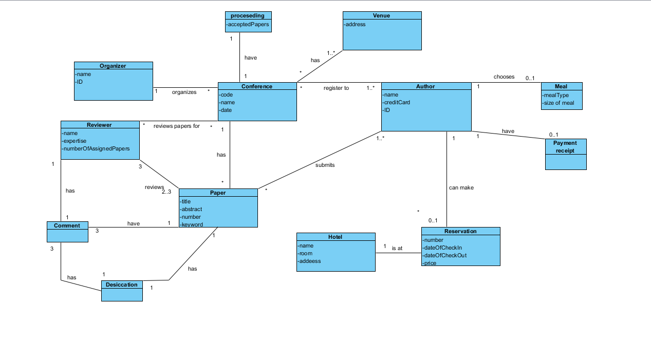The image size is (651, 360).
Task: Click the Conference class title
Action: point(257,86)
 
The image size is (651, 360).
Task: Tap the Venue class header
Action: point(381,15)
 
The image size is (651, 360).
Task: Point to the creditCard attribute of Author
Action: point(397,102)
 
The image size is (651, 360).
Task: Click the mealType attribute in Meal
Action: point(556,95)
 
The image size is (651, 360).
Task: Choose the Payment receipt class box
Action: point(565,154)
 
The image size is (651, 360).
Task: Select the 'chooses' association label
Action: point(504,77)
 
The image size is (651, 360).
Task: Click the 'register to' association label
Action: point(336,88)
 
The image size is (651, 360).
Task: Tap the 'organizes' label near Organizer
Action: point(184,92)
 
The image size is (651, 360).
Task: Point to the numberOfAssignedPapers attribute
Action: point(97,148)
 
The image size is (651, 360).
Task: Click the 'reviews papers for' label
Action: point(176,126)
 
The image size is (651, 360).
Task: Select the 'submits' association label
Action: point(325,165)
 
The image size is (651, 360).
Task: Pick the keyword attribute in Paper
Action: point(192,224)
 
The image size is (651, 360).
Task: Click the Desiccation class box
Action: point(122,290)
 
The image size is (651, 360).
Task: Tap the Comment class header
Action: point(67,225)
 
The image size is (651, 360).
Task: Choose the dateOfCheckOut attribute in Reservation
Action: point(445,255)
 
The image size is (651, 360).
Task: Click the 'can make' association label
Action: point(461,188)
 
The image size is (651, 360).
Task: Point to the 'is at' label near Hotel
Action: point(397,249)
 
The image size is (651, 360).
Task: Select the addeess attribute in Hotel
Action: point(310,261)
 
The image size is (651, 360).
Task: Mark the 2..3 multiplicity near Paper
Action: point(166,192)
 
